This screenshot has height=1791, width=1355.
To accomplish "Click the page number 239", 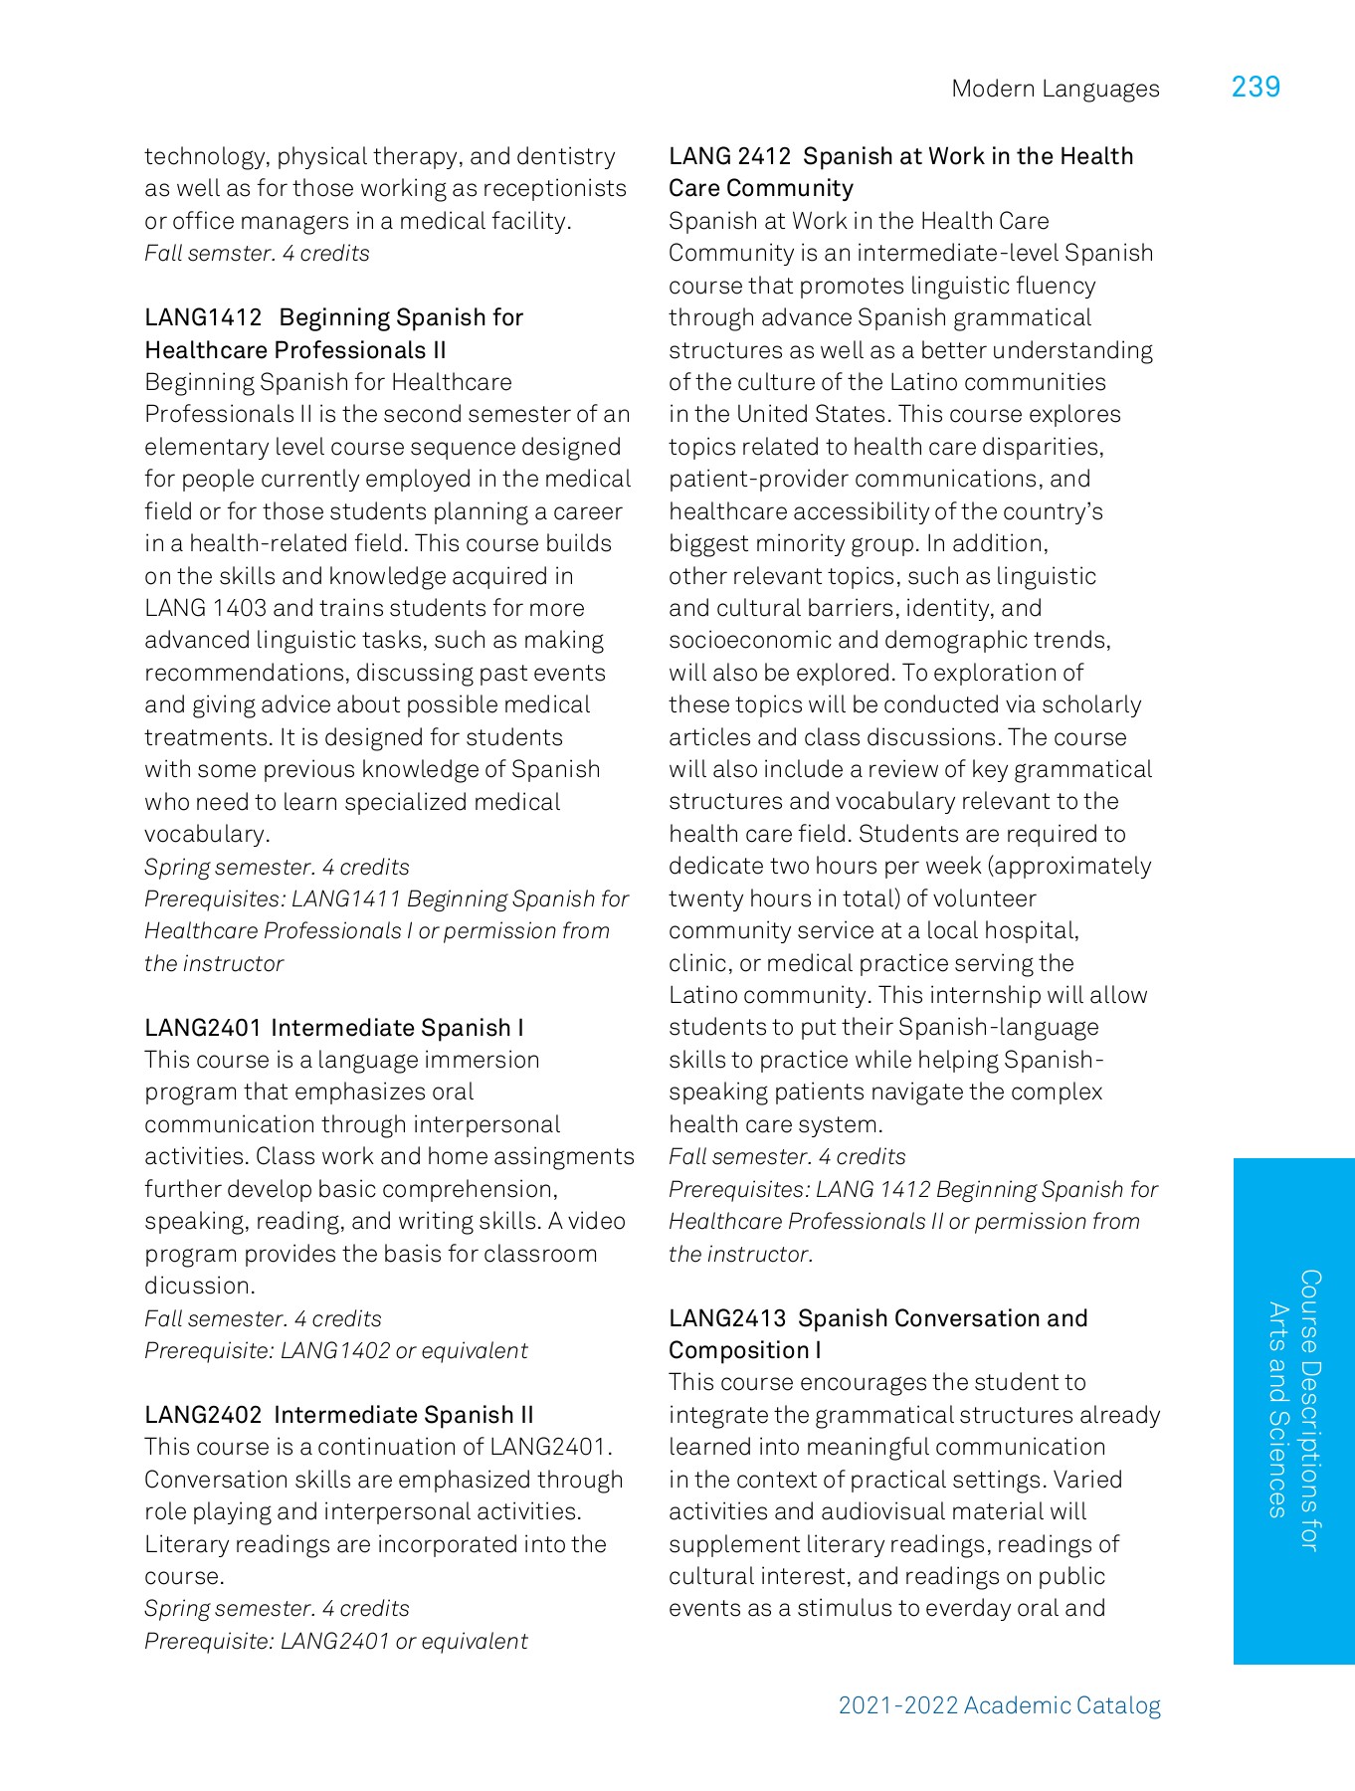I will (1256, 88).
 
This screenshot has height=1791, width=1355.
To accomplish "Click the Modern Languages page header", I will (1055, 90).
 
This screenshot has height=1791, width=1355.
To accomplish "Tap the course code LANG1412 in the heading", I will (203, 318).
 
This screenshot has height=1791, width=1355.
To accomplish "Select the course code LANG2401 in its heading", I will (203, 1028).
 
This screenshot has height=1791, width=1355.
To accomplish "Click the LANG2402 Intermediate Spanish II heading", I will (338, 1415).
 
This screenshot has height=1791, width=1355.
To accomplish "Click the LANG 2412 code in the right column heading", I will (729, 157).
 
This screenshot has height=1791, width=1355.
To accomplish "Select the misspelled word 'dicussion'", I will (199, 1287).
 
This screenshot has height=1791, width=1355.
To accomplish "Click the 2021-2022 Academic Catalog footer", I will (999, 1705).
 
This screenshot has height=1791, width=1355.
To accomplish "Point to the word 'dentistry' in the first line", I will (566, 157).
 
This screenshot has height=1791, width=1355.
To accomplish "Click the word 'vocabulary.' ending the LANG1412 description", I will (207, 834).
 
